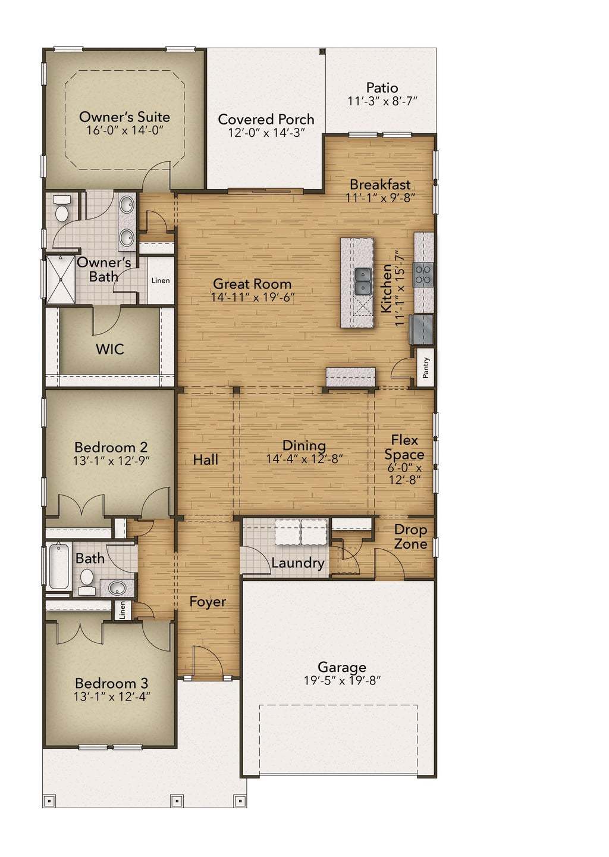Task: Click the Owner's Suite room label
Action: tap(124, 117)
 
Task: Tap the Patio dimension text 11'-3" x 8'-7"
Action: tap(382, 101)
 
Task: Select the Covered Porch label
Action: tap(266, 119)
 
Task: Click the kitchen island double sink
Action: tap(362, 281)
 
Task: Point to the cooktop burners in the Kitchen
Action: tap(423, 275)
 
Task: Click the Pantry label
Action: tap(426, 368)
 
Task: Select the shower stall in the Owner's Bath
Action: tap(61, 280)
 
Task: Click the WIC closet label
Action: tap(110, 349)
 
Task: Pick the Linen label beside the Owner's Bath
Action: tap(161, 280)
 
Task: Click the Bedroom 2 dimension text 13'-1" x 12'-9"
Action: tap(111, 460)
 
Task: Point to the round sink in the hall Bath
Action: tap(117, 589)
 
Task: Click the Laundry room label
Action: tap(297, 563)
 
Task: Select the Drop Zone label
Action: tap(410, 537)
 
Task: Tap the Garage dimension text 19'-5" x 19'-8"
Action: tap(341, 681)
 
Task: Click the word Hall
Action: tap(206, 459)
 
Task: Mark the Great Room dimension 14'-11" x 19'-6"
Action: tap(253, 298)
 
